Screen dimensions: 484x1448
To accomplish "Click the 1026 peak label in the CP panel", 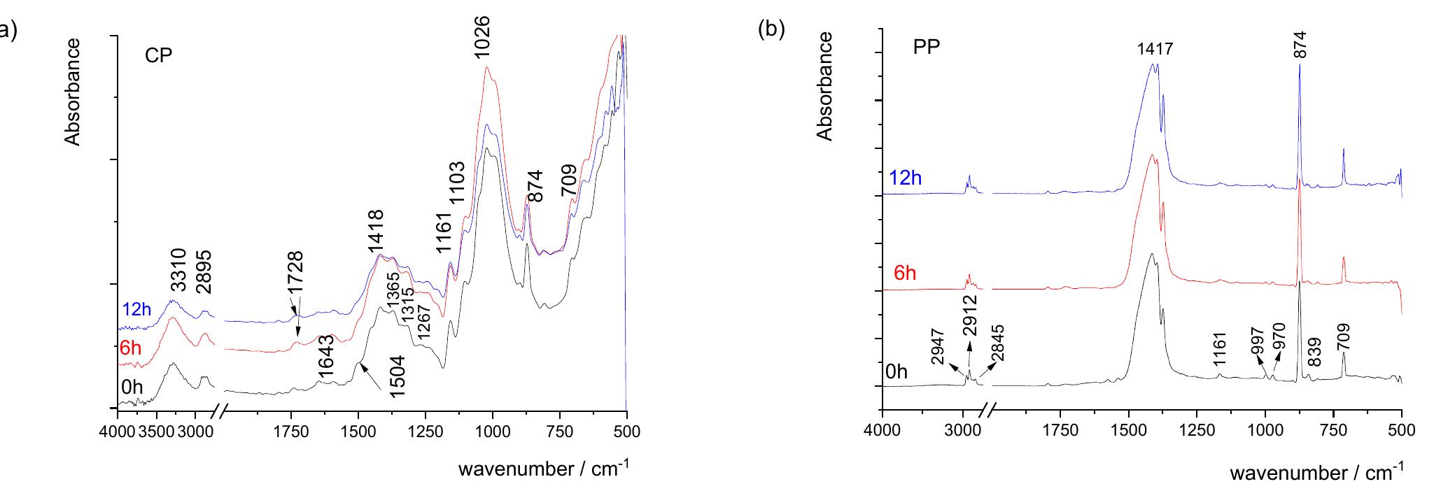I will point(482,38).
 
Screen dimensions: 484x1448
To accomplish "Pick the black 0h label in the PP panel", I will point(897,373).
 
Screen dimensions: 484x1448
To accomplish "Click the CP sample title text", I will point(158,57).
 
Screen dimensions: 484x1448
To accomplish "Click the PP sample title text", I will point(926,48).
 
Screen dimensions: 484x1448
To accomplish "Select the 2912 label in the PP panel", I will point(971,316).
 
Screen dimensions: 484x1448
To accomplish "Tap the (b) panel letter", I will point(772,30).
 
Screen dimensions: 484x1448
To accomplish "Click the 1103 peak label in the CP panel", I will point(456,183).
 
